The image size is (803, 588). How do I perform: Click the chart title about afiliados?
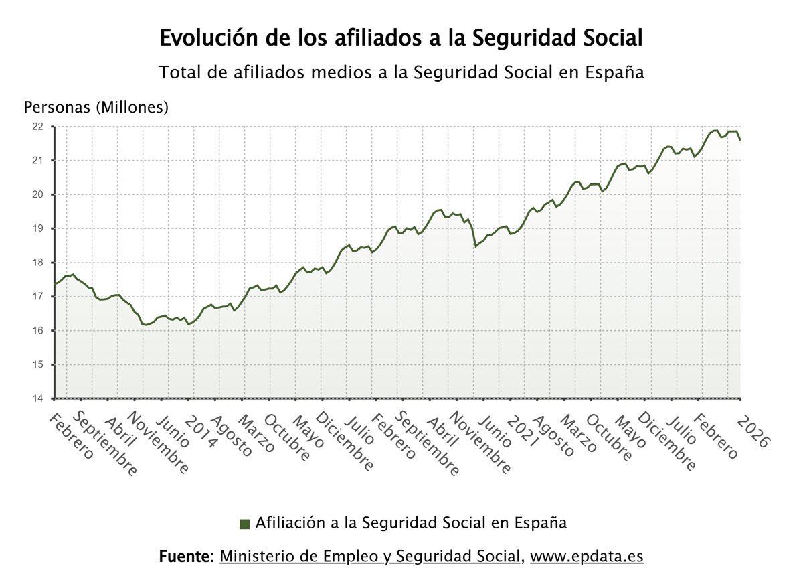click(401, 38)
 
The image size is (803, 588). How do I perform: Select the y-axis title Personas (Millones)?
click(96, 107)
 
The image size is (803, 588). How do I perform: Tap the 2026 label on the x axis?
click(753, 431)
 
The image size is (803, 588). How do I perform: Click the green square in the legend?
click(245, 524)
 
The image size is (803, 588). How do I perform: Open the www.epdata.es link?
click(587, 557)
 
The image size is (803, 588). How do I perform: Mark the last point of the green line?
click(740, 139)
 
